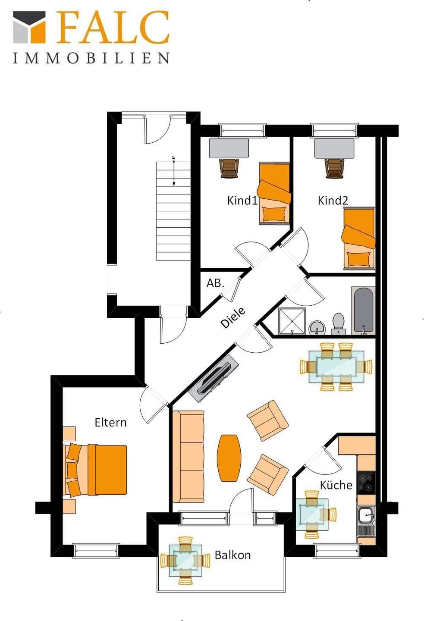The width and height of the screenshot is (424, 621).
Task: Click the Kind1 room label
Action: (x=242, y=201)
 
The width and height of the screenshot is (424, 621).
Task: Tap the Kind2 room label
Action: (x=333, y=201)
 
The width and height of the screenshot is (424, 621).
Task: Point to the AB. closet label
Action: (x=215, y=283)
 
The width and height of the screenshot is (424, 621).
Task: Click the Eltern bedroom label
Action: (x=111, y=422)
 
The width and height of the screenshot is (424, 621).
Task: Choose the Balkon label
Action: (x=232, y=555)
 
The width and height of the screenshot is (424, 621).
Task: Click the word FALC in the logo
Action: (x=113, y=27)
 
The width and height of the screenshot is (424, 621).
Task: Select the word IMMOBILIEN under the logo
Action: (x=91, y=58)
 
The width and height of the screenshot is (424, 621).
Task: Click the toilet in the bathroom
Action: (x=338, y=323)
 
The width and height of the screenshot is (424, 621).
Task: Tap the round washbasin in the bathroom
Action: (x=317, y=328)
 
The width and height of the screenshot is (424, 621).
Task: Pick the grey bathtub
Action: (x=363, y=311)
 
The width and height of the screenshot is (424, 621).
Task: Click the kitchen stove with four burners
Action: (x=366, y=483)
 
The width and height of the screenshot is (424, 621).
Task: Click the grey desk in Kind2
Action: (x=334, y=148)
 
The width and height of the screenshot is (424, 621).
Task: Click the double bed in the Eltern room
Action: (x=95, y=470)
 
